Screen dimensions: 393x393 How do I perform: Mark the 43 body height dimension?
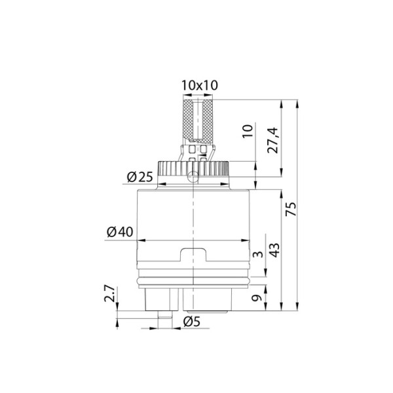pyautogui.click(x=274, y=250)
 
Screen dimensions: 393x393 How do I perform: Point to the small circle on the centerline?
pyautogui.click(x=195, y=176)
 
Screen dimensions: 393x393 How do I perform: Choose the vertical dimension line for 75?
pyautogui.click(x=299, y=206)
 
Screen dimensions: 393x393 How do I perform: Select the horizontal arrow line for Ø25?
pyautogui.click(x=195, y=184)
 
